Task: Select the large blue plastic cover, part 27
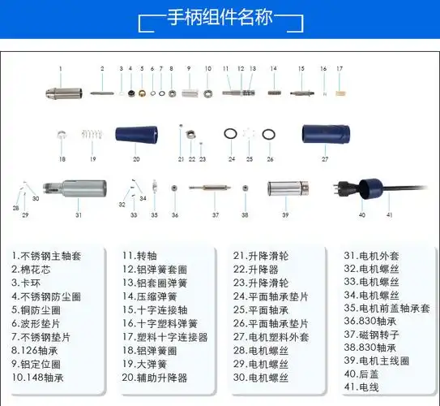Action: [325, 132]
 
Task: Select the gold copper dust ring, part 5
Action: [141, 93]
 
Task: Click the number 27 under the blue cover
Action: [325, 160]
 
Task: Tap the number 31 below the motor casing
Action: [79, 215]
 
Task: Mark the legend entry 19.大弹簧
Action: [145, 364]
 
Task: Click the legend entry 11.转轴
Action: [140, 255]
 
